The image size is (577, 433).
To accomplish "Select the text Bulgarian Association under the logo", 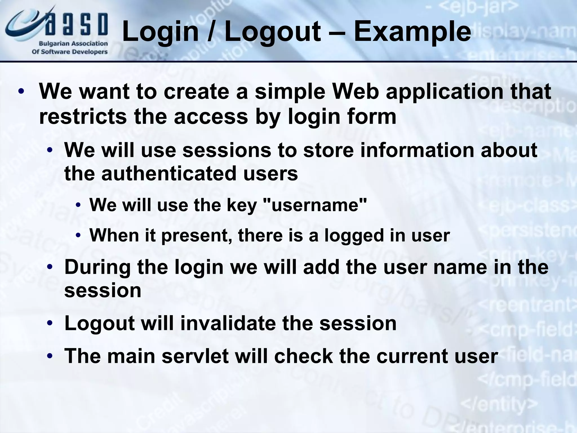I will pyautogui.click(x=73, y=44).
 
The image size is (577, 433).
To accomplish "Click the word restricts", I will pyautogui.click(x=83, y=116).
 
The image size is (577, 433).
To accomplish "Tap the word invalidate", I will pyautogui.click(x=228, y=323).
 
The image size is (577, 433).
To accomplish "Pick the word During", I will pyautogui.click(x=97, y=267).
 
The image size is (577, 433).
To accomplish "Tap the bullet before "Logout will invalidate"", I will pyautogui.click(x=50, y=323).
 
